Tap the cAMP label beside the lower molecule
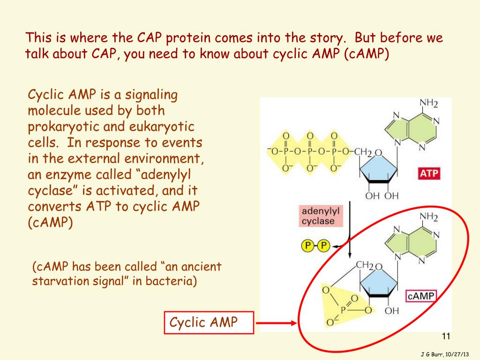[x=420, y=296]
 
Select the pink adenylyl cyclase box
[x=318, y=216]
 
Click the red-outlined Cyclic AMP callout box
[x=209, y=322]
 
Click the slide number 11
[x=446, y=336]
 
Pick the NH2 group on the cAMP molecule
[x=428, y=217]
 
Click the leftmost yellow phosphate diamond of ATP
[x=286, y=151]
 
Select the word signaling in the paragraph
[x=152, y=95]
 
